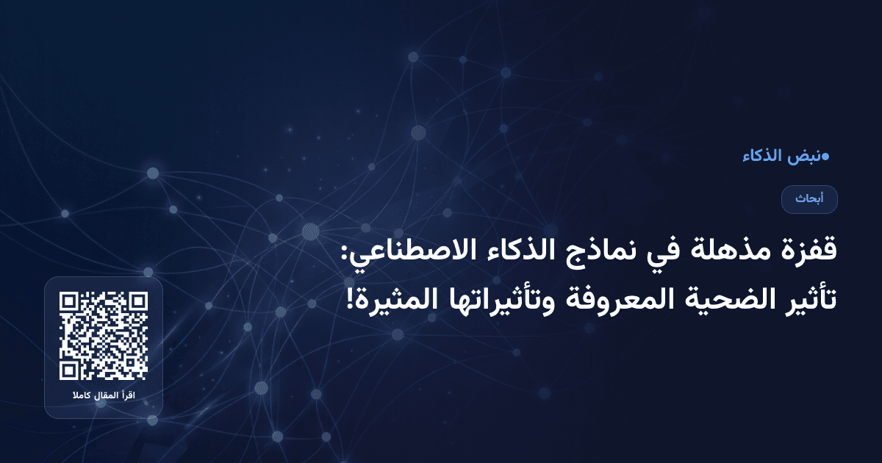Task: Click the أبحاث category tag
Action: [x=809, y=199]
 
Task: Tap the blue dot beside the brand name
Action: [x=825, y=156]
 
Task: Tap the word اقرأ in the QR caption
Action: [x=129, y=397]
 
